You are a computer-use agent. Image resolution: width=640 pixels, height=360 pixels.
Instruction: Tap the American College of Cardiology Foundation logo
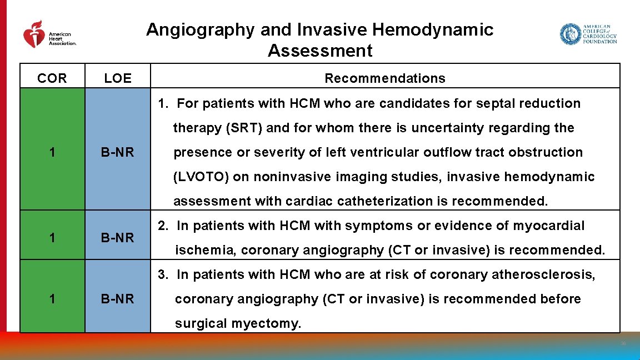coord(588,34)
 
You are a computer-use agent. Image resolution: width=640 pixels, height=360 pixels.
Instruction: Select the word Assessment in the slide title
coord(319,51)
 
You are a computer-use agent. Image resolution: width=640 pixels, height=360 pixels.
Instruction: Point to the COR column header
coord(52,78)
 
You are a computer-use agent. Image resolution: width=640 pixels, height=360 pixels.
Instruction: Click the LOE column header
coord(118,78)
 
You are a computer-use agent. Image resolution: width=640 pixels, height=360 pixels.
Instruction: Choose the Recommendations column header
coord(384,78)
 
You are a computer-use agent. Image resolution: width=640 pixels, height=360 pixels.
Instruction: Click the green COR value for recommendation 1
coord(52,152)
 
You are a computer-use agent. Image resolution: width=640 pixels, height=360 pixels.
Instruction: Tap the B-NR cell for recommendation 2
coord(118,238)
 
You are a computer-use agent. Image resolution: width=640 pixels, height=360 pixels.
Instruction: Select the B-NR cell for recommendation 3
coord(118,299)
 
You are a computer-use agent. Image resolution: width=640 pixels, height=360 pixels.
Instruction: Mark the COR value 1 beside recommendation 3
coord(52,299)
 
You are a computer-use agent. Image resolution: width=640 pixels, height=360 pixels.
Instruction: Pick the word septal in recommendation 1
coord(471,103)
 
